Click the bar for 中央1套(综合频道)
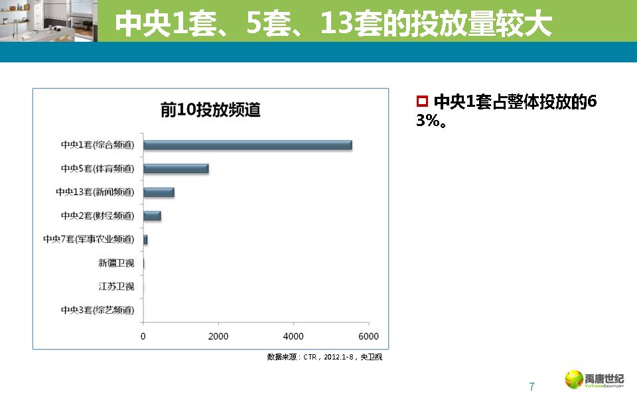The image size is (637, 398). (x=248, y=145)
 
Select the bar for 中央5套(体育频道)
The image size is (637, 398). (x=176, y=168)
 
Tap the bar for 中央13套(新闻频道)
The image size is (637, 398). (x=159, y=192)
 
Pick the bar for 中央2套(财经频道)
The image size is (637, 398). (x=152, y=216)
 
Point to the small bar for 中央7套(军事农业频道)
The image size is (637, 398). (x=145, y=239)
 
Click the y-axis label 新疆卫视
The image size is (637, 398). (x=116, y=263)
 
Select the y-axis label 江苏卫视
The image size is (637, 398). (x=116, y=287)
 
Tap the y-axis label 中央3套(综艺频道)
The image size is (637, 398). (x=97, y=310)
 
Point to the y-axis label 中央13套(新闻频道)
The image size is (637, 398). (x=95, y=192)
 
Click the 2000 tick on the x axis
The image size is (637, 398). (x=218, y=336)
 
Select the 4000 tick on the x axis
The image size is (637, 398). (x=293, y=336)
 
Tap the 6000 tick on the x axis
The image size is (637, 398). (x=369, y=336)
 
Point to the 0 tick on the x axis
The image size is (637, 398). (x=143, y=336)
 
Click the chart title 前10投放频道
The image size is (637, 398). (x=210, y=110)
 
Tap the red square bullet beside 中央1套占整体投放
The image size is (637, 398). (x=421, y=101)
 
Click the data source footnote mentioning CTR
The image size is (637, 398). (x=324, y=357)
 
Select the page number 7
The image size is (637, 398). (x=531, y=386)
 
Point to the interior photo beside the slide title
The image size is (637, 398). (x=48, y=21)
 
